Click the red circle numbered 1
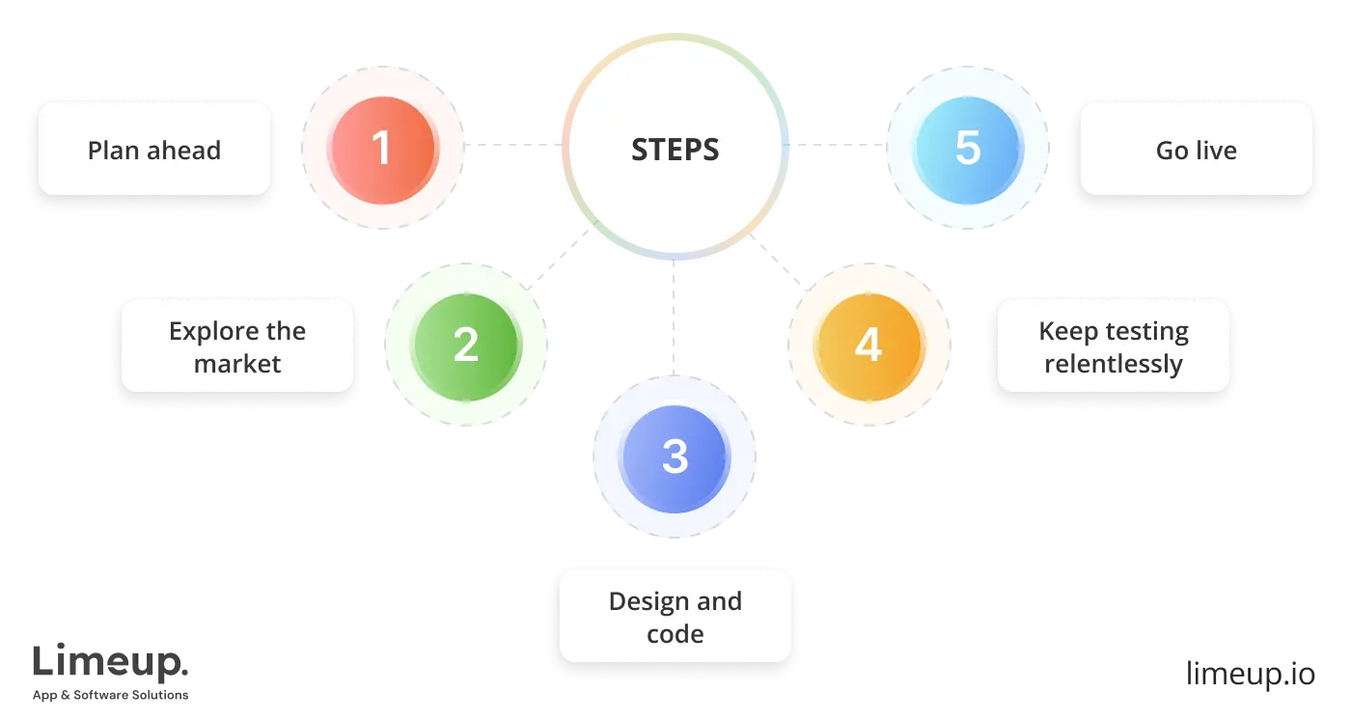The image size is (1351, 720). [x=382, y=149]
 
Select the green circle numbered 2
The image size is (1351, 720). [x=466, y=345]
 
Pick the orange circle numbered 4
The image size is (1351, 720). [x=868, y=345]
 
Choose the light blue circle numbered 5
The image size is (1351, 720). [x=967, y=149]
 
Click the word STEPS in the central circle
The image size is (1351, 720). [x=675, y=150]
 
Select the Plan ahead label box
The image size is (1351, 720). [x=154, y=150]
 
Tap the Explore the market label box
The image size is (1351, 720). [x=237, y=346]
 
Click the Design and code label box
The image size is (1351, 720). [x=675, y=617]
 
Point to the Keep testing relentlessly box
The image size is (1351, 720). [x=1114, y=346]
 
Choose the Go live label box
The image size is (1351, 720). [x=1196, y=150]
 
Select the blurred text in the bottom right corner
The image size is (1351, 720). [x=1250, y=672]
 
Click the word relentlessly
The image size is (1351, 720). [x=1114, y=365]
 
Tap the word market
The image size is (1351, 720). [x=237, y=365]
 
